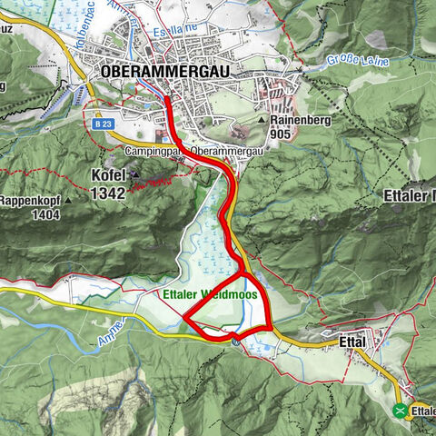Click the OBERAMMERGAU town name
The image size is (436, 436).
coord(167,70)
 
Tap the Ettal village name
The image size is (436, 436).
coord(352,342)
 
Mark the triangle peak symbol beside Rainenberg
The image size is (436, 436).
coord(262,119)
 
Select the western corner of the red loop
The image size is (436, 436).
coord(184,318)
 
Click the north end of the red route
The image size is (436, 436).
coord(167,94)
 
